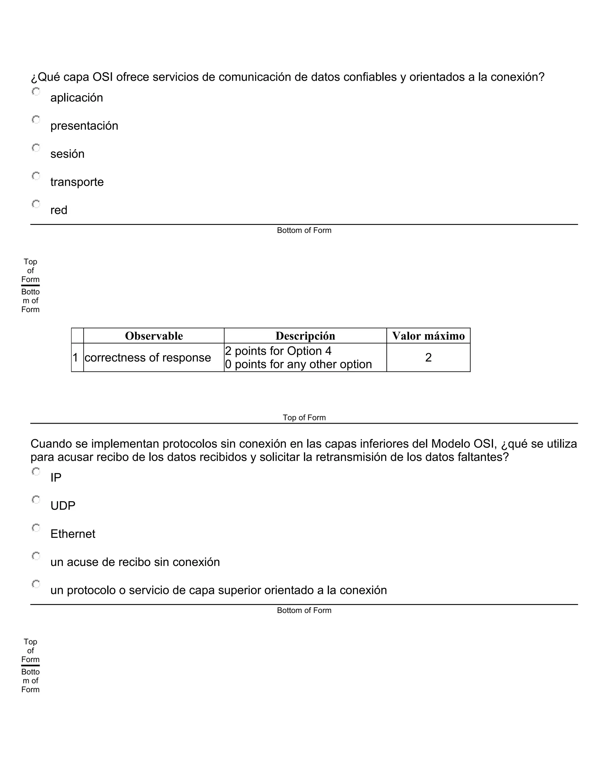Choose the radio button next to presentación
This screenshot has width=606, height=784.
[x=36, y=120]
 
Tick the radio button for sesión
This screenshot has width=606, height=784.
[x=36, y=148]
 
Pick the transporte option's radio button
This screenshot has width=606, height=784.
[x=36, y=176]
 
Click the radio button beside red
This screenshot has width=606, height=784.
[x=36, y=204]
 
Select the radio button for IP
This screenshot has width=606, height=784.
[x=36, y=472]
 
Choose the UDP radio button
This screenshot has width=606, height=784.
[x=36, y=500]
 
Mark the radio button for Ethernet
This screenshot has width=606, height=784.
[x=36, y=528]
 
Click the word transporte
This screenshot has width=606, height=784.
[x=77, y=182]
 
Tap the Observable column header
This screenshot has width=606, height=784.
[x=154, y=336]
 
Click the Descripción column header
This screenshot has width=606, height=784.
[x=305, y=336]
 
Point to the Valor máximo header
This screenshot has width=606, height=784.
[x=428, y=336]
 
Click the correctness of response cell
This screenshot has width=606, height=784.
[x=148, y=358]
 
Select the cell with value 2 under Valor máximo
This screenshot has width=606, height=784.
[x=428, y=358]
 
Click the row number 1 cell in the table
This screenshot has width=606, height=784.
[x=75, y=358]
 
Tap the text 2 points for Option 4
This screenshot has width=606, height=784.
[x=278, y=351]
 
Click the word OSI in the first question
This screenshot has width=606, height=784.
[x=103, y=77]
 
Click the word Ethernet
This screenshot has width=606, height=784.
[x=73, y=534]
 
